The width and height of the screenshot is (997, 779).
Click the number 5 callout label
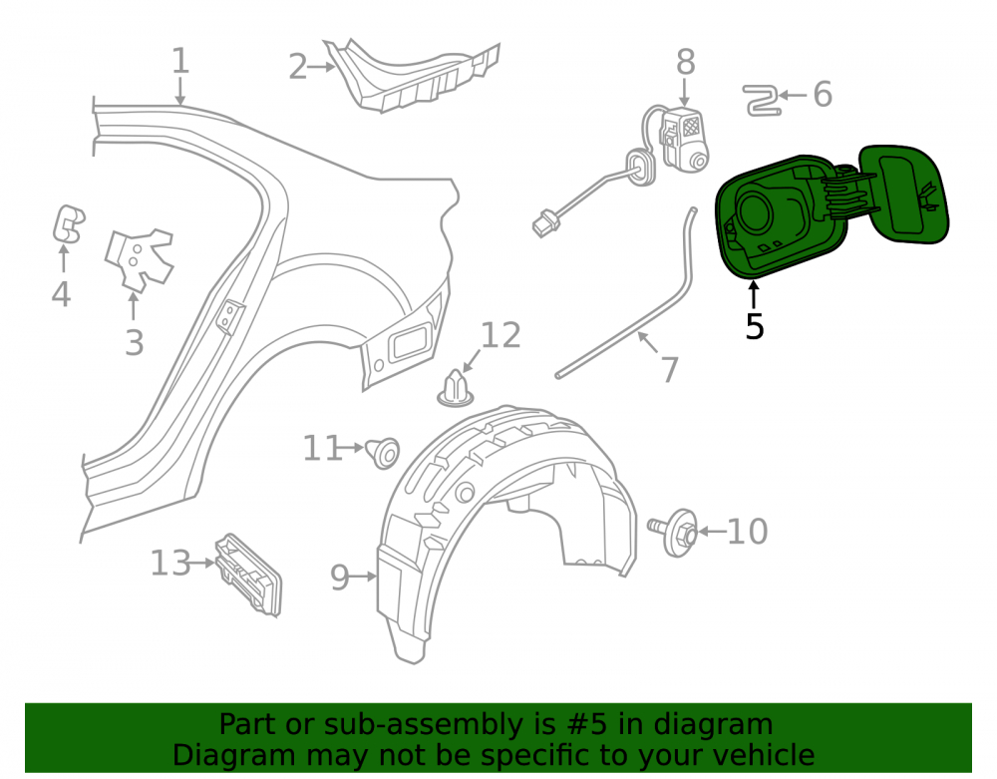pyautogui.click(x=754, y=327)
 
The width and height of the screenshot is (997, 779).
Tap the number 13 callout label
pyautogui.click(x=170, y=564)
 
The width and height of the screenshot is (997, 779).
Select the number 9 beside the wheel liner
pyautogui.click(x=340, y=578)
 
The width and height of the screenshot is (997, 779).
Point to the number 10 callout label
pyautogui.click(x=747, y=532)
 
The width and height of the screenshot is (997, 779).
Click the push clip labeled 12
pyautogui.click(x=456, y=389)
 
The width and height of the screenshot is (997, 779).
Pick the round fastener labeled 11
pyautogui.click(x=384, y=453)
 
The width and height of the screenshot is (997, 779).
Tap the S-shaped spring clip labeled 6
pyautogui.click(x=761, y=101)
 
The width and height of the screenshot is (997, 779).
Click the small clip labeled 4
pyautogui.click(x=68, y=223)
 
